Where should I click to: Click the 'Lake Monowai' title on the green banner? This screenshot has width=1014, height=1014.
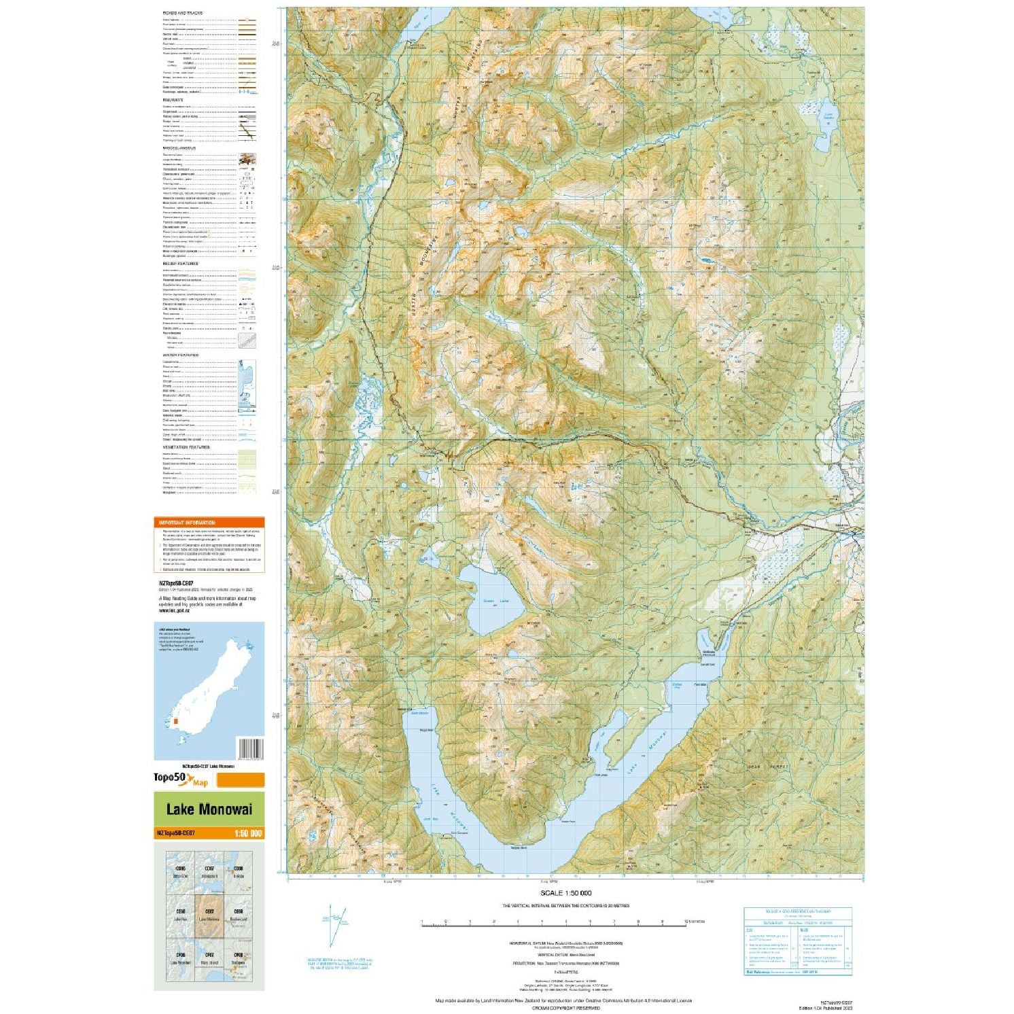(209, 809)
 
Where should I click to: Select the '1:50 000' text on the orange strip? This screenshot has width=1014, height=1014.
(247, 834)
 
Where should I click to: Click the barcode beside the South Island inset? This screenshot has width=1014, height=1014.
(249, 748)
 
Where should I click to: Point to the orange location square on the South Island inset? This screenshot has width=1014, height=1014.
(175, 722)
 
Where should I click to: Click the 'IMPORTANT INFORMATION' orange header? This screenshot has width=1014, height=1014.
(186, 523)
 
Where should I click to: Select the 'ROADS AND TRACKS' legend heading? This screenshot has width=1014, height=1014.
(182, 13)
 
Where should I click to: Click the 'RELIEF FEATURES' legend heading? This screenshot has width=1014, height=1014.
(180, 264)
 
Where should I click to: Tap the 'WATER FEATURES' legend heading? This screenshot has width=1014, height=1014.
(180, 355)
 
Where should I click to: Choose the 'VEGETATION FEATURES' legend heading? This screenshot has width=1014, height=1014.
(186, 447)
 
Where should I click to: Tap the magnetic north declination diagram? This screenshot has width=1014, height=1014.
(333, 924)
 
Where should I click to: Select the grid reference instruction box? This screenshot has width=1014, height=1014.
(797, 941)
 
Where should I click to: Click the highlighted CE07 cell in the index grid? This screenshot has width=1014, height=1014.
(209, 915)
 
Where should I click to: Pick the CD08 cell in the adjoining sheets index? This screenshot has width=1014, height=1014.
(238, 873)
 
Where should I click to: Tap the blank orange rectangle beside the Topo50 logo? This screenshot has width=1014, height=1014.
(240, 780)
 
